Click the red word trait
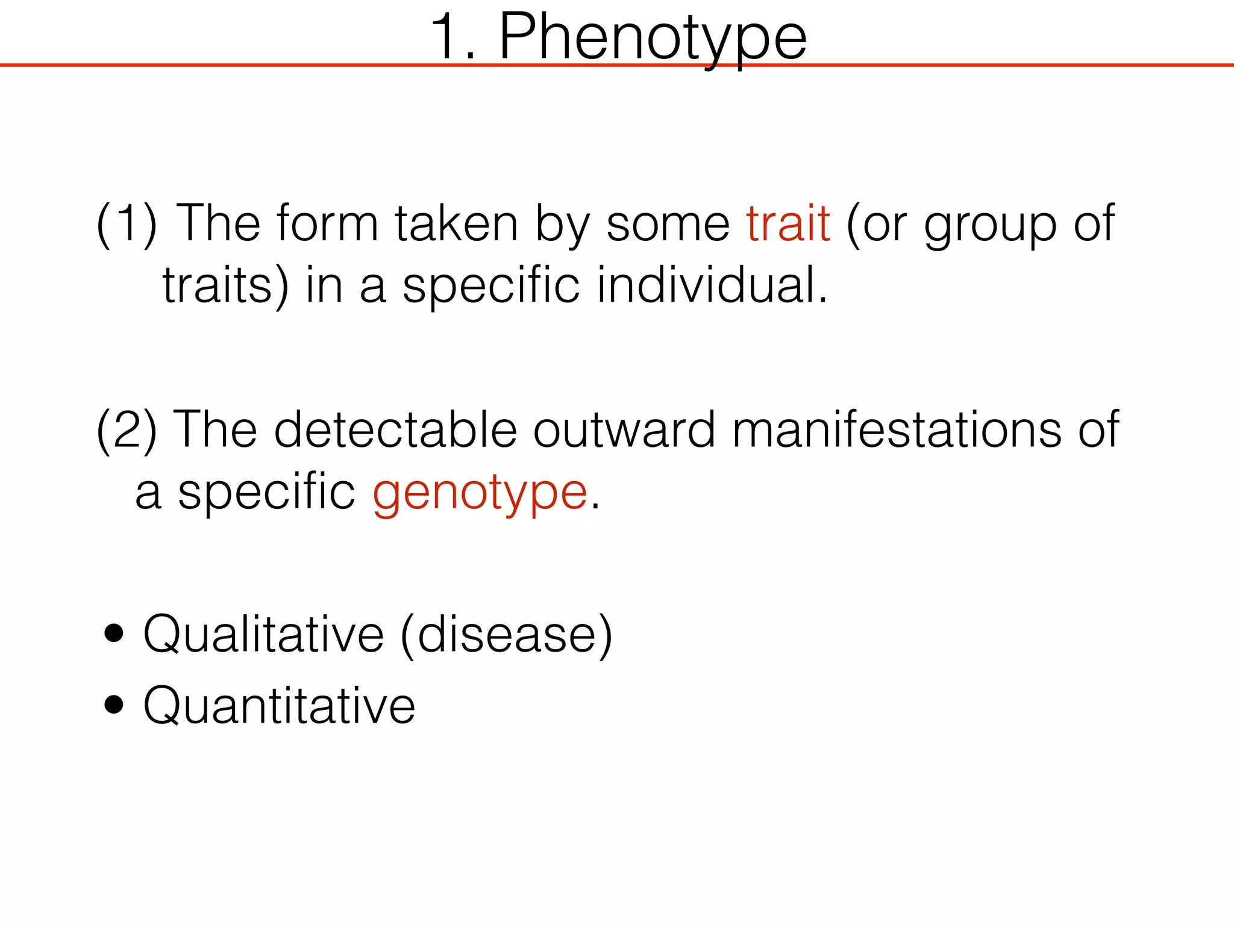(788, 224)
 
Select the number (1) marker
(127, 224)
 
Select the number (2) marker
(127, 430)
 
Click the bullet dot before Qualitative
(114, 634)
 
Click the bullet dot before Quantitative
(114, 704)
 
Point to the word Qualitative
(263, 635)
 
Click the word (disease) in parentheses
(506, 635)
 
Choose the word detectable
(395, 430)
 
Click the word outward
(624, 430)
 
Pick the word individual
(712, 285)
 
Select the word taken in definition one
(456, 224)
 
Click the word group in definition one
(990, 224)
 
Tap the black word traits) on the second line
(226, 286)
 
